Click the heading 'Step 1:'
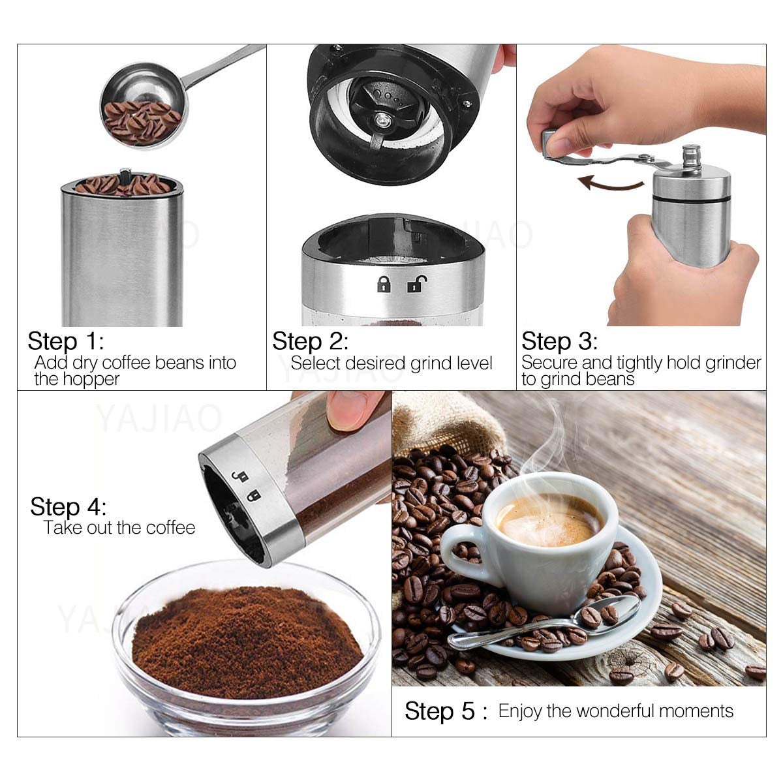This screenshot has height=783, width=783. [x=65, y=341]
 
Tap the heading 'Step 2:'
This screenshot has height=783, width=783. [x=310, y=341]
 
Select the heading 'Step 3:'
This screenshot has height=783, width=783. [x=559, y=341]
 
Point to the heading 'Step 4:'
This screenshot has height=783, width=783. [x=68, y=507]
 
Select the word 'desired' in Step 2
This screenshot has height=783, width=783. [x=375, y=363]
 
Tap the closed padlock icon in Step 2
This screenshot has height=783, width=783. [x=384, y=284]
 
